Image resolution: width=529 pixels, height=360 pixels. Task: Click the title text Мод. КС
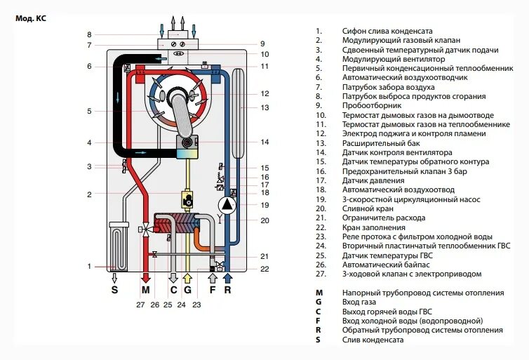31,19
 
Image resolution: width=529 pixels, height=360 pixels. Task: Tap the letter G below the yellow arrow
187,290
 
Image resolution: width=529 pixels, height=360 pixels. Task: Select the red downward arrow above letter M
145,276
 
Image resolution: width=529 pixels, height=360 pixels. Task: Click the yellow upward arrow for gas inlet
187,276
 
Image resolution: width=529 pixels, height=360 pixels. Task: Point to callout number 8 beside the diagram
89,34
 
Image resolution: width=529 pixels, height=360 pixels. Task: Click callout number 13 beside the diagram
264,108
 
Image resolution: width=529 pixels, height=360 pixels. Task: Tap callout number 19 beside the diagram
264,205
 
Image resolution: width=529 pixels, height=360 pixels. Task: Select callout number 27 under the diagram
141,305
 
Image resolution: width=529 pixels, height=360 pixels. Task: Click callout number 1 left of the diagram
89,266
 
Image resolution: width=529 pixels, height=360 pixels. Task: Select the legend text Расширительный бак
374,143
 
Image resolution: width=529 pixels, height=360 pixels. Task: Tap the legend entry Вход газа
359,302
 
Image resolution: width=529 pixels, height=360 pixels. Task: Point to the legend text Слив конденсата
373,340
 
